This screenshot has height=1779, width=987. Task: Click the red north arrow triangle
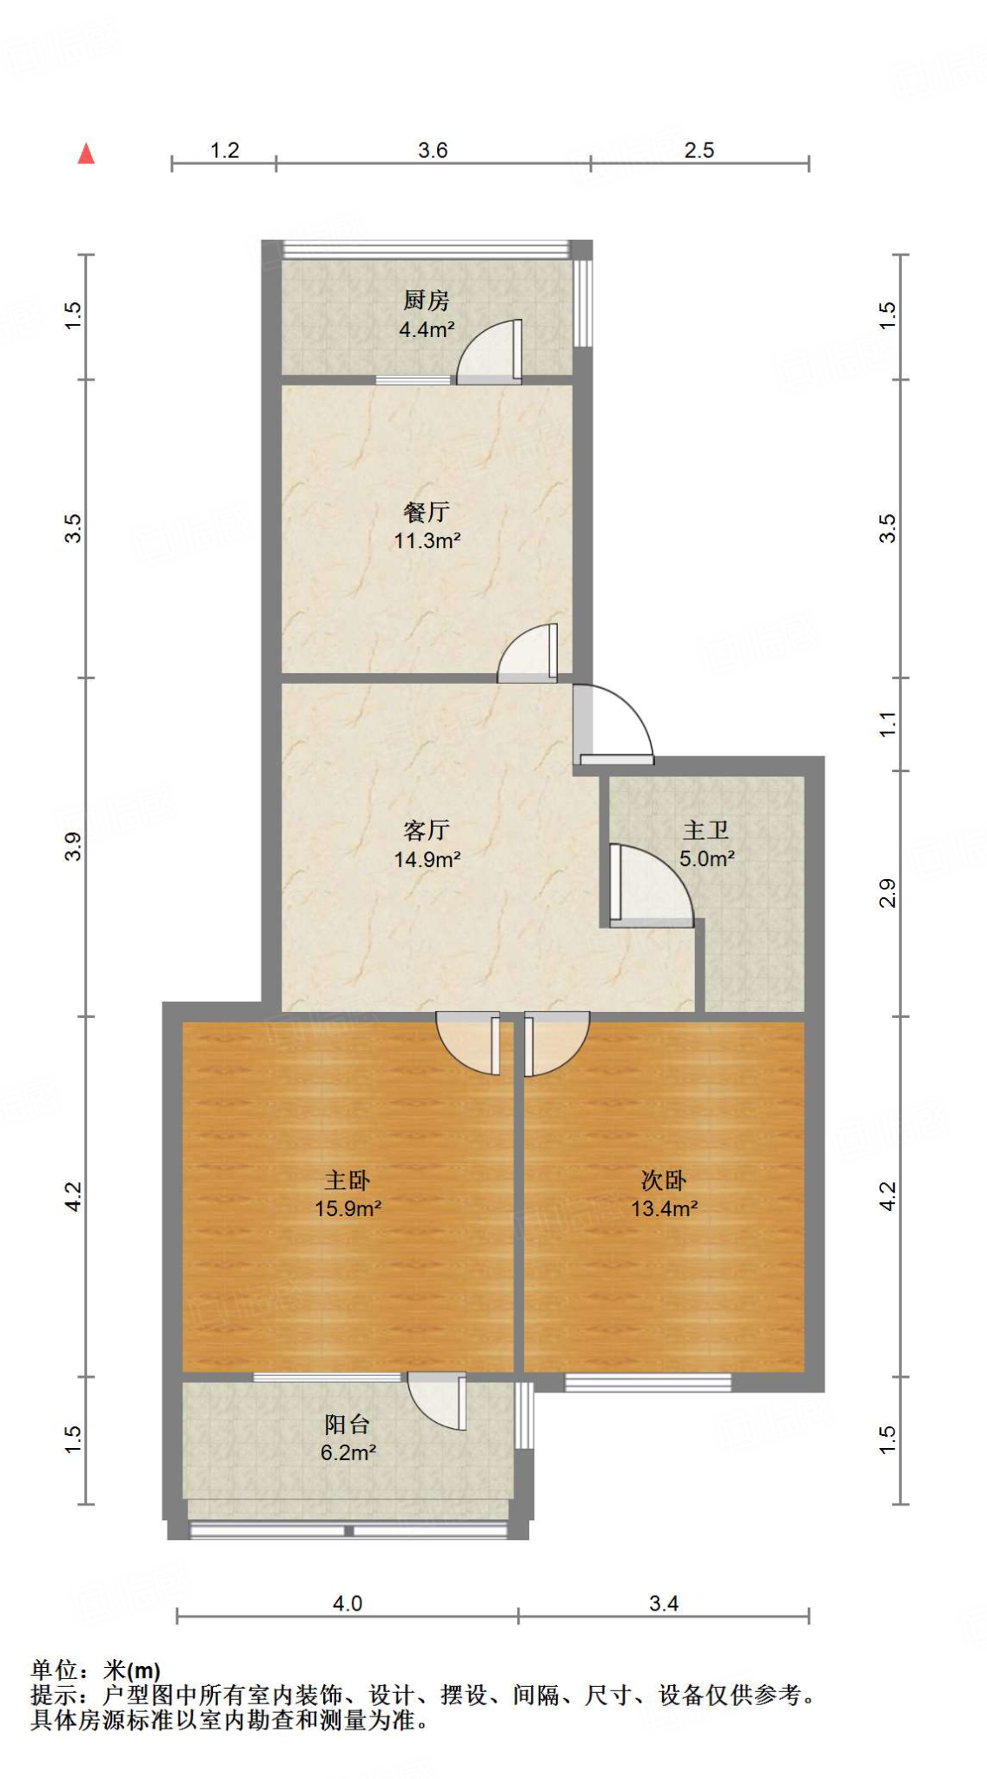point(86,154)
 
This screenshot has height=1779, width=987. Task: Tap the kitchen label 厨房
point(426,301)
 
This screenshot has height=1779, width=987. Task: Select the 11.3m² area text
point(427,540)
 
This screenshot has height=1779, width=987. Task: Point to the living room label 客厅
point(426,830)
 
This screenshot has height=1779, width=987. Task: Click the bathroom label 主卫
point(705,830)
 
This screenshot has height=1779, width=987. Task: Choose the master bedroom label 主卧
point(348,1180)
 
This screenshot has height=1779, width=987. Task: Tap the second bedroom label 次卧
point(664,1180)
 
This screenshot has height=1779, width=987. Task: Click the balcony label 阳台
point(348,1425)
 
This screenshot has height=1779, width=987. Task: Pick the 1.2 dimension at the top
point(224,150)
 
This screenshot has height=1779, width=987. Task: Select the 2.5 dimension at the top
point(699,150)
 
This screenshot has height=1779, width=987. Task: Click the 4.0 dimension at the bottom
point(348,1604)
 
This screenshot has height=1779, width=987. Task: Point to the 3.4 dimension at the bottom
point(664,1604)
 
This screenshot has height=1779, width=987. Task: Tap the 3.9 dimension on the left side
point(73,846)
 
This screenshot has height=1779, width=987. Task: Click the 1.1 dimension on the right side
point(887,724)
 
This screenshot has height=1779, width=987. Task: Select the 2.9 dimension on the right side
point(887,893)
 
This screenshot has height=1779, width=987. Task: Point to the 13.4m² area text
point(664,1208)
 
